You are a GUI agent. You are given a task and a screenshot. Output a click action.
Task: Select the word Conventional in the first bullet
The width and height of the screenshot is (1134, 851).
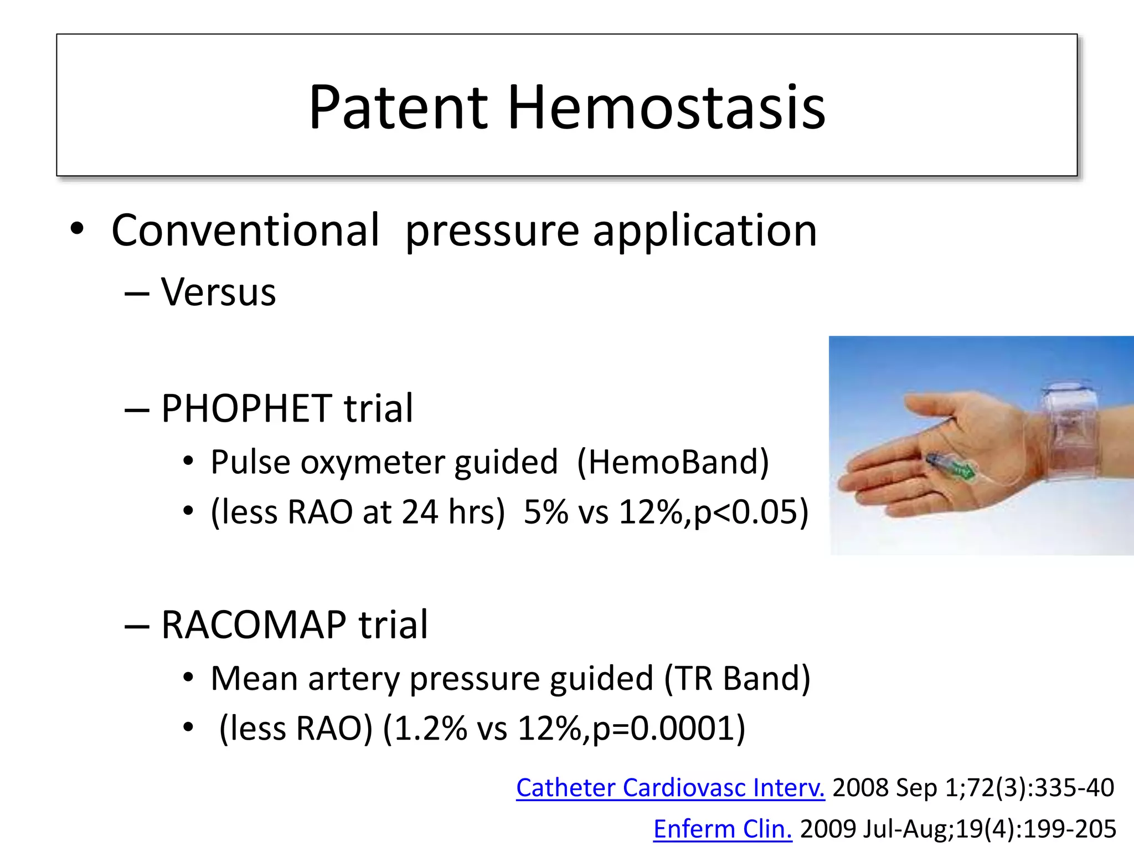click(x=245, y=230)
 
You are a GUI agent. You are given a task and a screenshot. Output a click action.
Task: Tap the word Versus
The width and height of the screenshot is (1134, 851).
click(x=218, y=292)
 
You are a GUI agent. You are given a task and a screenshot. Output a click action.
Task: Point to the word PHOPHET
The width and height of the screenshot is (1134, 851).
click(x=246, y=408)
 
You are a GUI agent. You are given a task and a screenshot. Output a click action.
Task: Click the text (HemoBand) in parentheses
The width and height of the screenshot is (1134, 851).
click(x=673, y=462)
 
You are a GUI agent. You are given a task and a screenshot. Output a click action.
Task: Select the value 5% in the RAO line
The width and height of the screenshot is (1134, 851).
click(x=545, y=511)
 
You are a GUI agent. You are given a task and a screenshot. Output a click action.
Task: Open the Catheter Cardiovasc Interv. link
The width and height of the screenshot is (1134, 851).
click(x=670, y=787)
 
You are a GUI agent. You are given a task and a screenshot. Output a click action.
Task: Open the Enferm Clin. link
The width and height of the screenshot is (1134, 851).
click(x=723, y=829)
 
